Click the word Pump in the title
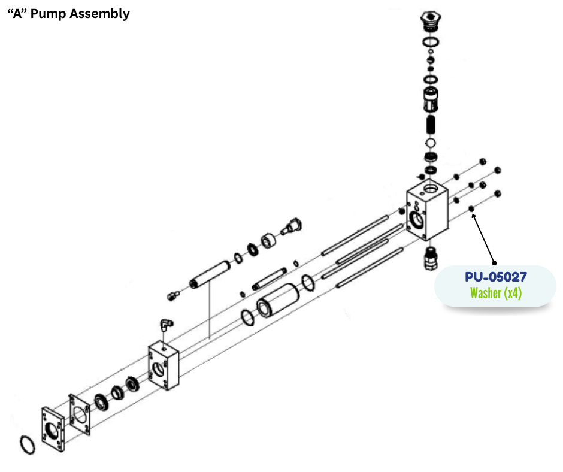pyautogui.click(x=50, y=14)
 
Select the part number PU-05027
pyautogui.click(x=495, y=277)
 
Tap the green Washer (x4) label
pyautogui.click(x=495, y=293)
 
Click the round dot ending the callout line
pyautogui.click(x=494, y=262)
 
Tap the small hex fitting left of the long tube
pyautogui.click(x=174, y=295)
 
